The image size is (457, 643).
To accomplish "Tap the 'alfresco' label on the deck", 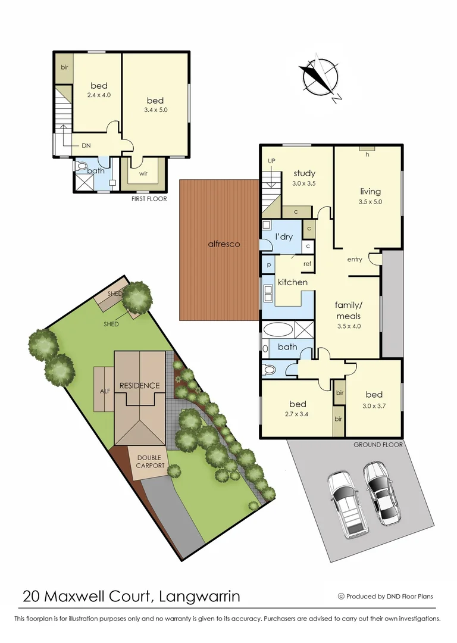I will point(224,244).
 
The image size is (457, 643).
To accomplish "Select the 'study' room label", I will point(303,174).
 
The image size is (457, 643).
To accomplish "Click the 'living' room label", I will point(370,191).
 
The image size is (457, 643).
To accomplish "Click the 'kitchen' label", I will point(292,282).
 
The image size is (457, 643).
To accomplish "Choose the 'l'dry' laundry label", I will point(283,237).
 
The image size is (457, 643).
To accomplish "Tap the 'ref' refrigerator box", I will point(308,264).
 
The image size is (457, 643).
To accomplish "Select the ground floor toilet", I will point(270,370).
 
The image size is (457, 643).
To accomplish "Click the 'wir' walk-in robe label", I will point(143,174).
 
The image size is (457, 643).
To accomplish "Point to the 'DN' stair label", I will point(86,145).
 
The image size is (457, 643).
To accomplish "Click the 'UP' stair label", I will point(271,161).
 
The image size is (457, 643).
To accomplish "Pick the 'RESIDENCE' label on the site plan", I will point(140,385).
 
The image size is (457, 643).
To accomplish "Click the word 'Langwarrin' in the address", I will point(201,595).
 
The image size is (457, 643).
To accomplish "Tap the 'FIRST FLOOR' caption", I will point(149,199).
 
